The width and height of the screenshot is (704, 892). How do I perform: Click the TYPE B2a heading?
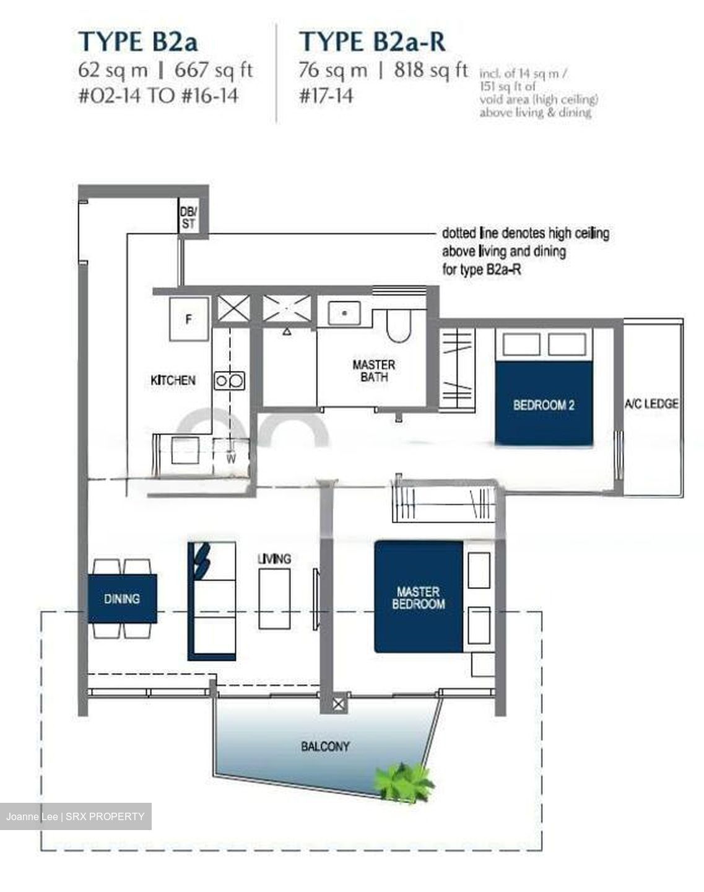137,42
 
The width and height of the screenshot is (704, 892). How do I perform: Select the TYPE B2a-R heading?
372,42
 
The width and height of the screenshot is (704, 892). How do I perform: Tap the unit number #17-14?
326,97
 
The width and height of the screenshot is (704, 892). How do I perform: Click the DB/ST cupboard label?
188,217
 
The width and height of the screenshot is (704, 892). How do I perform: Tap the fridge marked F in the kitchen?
189,319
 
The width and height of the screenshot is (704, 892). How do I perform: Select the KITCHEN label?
173,380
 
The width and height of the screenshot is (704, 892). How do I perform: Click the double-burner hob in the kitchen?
230,380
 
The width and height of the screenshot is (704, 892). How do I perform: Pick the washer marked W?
231,457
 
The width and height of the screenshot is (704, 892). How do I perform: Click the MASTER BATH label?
373,370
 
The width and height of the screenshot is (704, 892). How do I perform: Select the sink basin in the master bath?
344,313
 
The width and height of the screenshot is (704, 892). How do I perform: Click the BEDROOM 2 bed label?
544,405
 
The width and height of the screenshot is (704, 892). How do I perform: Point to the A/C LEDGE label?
651,404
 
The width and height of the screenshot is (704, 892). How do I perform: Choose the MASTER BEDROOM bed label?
419,598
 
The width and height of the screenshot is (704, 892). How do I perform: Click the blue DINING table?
122,598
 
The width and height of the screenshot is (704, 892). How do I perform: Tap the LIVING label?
274,559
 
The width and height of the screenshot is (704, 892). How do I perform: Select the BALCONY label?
325,746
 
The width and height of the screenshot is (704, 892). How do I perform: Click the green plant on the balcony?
405,782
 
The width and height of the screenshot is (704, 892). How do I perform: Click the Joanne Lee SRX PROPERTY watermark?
76,816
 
